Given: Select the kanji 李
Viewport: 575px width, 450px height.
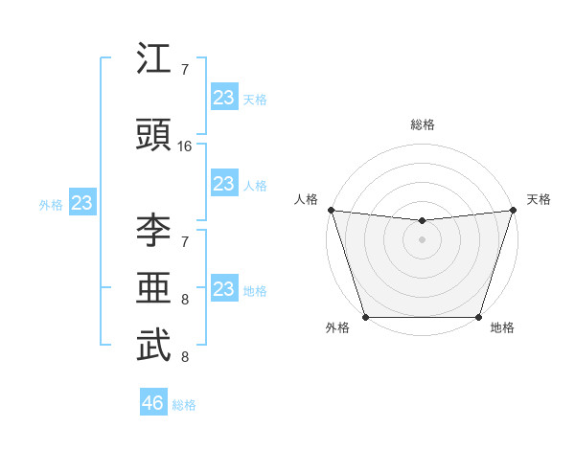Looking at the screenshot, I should (153, 230).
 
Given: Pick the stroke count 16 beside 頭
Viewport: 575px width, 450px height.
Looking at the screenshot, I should (186, 146).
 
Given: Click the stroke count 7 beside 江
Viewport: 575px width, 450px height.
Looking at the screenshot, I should (184, 70).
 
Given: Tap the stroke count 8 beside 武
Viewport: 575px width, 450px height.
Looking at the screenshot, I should (184, 357).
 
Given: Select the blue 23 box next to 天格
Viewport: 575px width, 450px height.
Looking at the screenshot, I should (223, 98).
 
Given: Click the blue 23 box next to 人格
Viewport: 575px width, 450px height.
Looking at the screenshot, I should (223, 185).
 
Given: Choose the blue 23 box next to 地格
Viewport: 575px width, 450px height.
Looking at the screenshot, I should (223, 290).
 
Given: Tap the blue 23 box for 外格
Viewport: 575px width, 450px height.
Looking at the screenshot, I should (81, 203).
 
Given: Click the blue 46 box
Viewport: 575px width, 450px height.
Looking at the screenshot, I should (153, 403).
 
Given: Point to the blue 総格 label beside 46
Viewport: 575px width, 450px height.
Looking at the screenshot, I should (184, 405).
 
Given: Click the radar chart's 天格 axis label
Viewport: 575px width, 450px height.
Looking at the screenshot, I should (539, 199).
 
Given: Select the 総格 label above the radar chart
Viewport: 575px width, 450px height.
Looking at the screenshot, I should (422, 124).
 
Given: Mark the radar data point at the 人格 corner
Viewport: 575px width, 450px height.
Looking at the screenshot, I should (331, 210).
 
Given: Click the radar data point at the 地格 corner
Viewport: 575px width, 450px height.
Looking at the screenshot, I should (478, 317).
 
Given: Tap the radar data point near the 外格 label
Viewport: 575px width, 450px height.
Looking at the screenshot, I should (365, 317).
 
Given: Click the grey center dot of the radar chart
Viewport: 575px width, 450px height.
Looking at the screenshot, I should (422, 239).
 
